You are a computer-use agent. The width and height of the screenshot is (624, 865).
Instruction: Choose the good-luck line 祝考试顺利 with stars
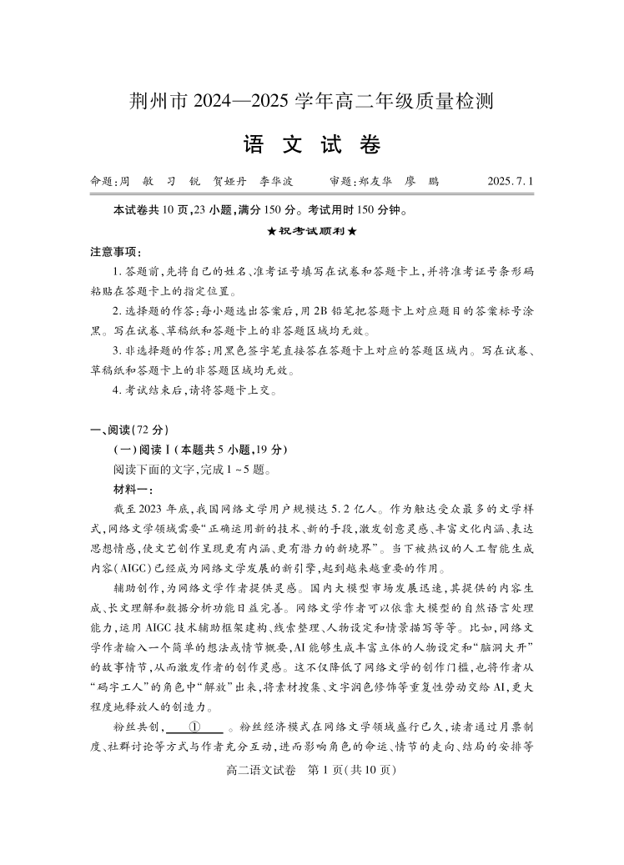click(x=311, y=231)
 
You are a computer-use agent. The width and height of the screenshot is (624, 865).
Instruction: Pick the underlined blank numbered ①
click(x=194, y=726)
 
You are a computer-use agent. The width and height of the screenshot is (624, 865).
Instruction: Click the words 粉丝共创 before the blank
click(x=136, y=726)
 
